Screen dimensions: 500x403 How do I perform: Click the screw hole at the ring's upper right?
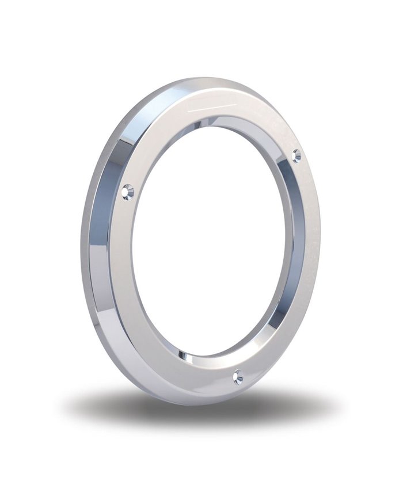(x=296, y=155)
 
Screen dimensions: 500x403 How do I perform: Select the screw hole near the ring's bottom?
(x=238, y=377)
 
